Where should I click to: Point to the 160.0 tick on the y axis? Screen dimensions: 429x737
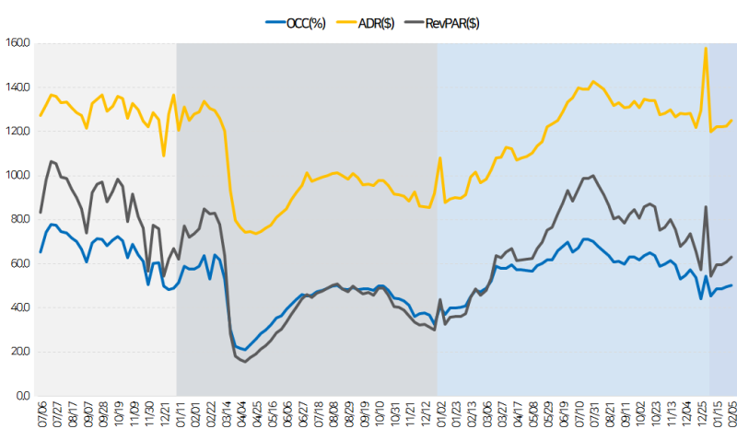18,42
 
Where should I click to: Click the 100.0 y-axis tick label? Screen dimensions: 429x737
18,175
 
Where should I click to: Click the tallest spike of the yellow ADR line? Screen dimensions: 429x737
706,48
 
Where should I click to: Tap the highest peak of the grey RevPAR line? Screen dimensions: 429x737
52,161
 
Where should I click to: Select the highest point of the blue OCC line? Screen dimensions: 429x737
51,225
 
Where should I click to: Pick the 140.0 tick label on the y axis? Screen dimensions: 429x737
18,87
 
